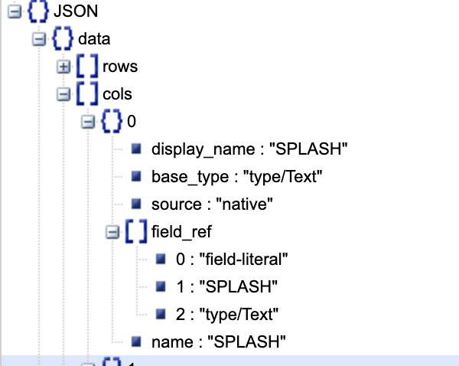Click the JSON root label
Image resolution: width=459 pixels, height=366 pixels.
(75, 12)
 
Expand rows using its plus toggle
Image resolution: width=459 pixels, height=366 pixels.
(64, 67)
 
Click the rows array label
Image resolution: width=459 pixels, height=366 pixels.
(120, 67)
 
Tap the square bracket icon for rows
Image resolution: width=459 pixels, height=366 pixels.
(87, 67)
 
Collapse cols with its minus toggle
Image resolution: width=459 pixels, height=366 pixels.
(64, 95)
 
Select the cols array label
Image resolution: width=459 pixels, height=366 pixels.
(117, 95)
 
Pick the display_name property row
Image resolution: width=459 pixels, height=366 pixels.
(250, 149)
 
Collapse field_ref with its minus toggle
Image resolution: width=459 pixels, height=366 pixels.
(114, 233)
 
